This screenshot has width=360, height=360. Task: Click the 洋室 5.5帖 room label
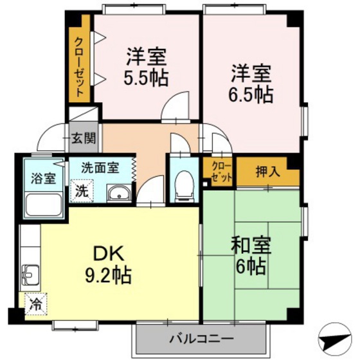147,67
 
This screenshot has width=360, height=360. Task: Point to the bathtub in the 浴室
42,206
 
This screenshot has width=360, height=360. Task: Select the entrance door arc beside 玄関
51,138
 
